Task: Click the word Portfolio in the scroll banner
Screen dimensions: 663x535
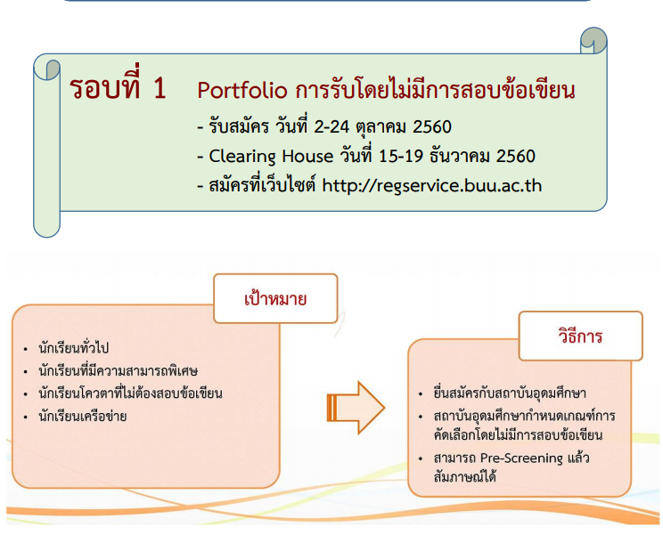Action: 241,91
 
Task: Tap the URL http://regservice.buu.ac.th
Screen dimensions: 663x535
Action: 431,186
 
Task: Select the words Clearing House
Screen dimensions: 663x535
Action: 271,157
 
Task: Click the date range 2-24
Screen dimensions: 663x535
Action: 331,126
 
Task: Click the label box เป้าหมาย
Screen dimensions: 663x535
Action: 275,298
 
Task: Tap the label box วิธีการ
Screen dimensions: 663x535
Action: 580,336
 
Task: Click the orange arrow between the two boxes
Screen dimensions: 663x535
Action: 356,408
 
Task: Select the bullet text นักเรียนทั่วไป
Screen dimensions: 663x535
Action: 74,348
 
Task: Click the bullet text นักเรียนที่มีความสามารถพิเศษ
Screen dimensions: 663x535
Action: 118,370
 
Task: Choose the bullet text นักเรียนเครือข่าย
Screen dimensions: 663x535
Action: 83,417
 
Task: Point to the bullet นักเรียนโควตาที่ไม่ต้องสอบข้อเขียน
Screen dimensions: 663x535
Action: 130,393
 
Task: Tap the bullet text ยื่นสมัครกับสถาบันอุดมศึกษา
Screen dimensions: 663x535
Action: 510,393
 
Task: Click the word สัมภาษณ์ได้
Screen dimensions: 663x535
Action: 464,477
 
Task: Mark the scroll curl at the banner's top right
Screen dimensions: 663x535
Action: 593,41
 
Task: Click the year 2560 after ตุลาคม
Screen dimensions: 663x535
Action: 432,126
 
